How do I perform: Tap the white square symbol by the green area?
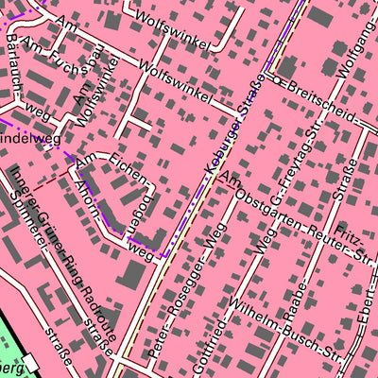tap(35, 361)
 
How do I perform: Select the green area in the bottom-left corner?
tap(9, 354)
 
